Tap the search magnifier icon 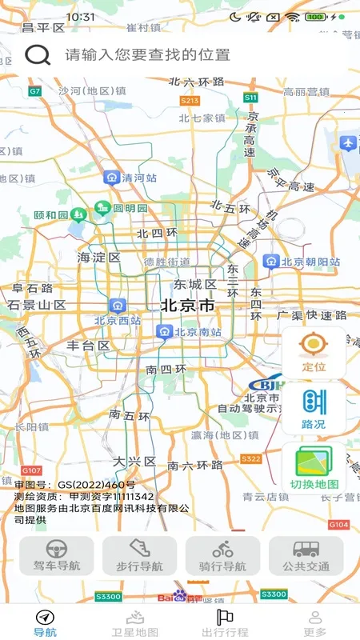[x=38, y=54]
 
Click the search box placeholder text [x=148, y=54]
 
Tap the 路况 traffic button [x=314, y=409]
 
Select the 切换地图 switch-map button [x=314, y=468]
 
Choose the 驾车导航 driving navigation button [x=56, y=556]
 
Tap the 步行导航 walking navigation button [x=139, y=556]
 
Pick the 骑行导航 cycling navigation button [x=222, y=556]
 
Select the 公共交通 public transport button [x=306, y=556]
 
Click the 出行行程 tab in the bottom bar [x=225, y=622]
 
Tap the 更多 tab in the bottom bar [x=314, y=622]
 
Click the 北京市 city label [x=187, y=306]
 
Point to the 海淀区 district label [x=98, y=258]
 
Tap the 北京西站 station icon [x=118, y=306]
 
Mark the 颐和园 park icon [x=78, y=214]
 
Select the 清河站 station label [x=138, y=179]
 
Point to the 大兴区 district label [x=134, y=462]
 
